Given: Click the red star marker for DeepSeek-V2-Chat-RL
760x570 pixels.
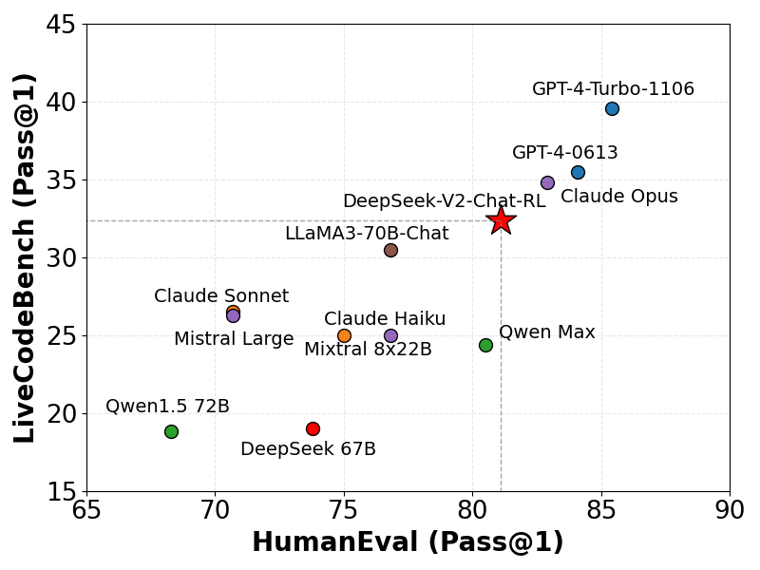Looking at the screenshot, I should [x=502, y=220].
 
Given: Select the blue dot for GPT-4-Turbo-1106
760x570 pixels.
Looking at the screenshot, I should [x=612, y=108].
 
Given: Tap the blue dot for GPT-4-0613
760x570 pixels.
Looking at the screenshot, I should [x=578, y=172].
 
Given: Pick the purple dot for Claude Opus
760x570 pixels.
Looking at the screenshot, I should [x=547, y=182].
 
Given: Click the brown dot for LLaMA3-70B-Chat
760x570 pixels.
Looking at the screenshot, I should [x=390, y=250].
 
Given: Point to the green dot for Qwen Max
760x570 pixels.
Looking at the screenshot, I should [x=485, y=345].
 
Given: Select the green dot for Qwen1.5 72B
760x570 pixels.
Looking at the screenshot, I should [x=171, y=431].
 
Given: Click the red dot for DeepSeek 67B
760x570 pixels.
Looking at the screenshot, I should [x=313, y=428].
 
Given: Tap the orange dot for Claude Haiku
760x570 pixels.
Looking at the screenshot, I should [x=344, y=335].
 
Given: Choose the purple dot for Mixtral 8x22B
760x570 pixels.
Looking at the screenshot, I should [x=390, y=335].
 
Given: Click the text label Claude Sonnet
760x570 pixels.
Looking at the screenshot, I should [x=221, y=296].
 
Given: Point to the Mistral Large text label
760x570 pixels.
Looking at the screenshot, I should [x=234, y=339].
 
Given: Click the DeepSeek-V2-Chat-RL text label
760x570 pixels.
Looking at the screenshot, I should [x=444, y=201].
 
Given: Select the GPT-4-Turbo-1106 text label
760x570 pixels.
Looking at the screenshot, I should [x=613, y=89].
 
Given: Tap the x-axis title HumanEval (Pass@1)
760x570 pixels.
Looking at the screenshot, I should [x=408, y=542].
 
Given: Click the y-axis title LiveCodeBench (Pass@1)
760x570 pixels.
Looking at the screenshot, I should [x=26, y=257].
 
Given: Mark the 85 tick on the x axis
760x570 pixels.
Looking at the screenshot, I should [x=601, y=511].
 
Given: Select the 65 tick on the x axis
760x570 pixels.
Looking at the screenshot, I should [x=86, y=511].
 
